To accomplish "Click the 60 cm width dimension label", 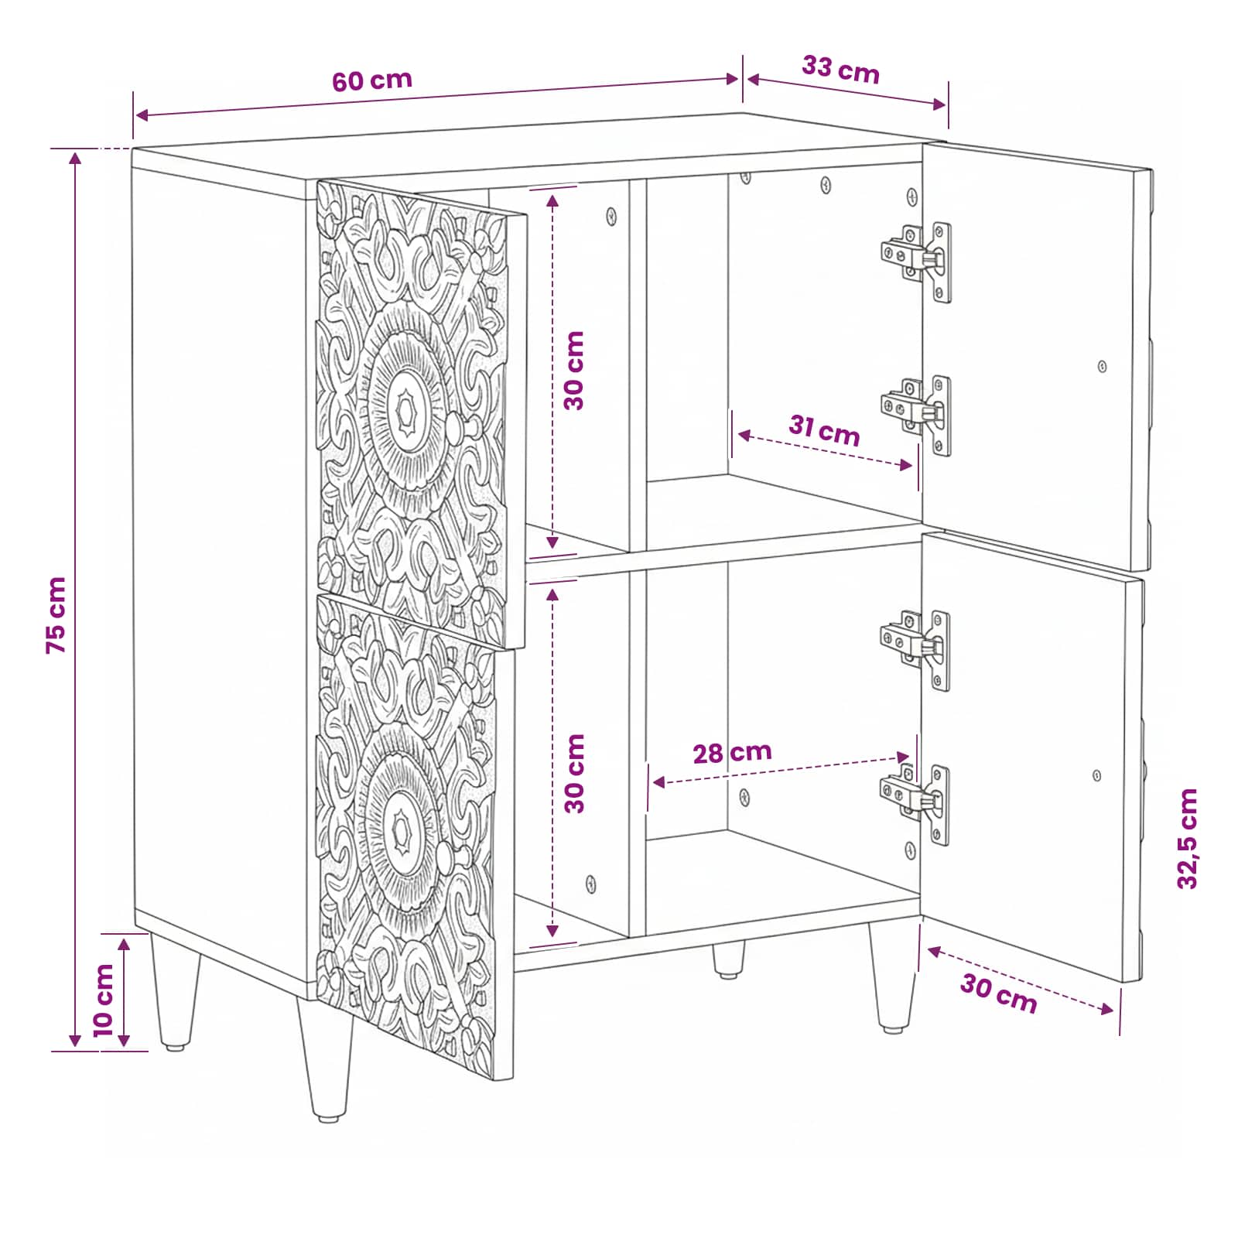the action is pos(372,80).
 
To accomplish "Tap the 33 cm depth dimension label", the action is pos(841,70).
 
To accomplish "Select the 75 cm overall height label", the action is pos(56,615).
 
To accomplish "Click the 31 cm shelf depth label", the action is pos(825,430).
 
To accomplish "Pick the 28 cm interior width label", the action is pos(732,752).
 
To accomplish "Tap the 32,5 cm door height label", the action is pos(1187,839).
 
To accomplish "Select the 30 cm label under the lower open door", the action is pos(999,993).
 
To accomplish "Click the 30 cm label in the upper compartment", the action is pos(573,371).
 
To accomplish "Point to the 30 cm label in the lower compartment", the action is pos(574,774).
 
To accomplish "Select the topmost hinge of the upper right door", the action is pos(917,262).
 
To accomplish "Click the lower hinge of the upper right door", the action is pos(917,416).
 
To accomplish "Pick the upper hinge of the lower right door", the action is pos(915,650).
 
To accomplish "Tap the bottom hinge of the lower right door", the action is pos(915,805).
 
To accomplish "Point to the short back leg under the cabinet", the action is pos(728,959).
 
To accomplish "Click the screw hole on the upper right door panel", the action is pos(1102,366).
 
